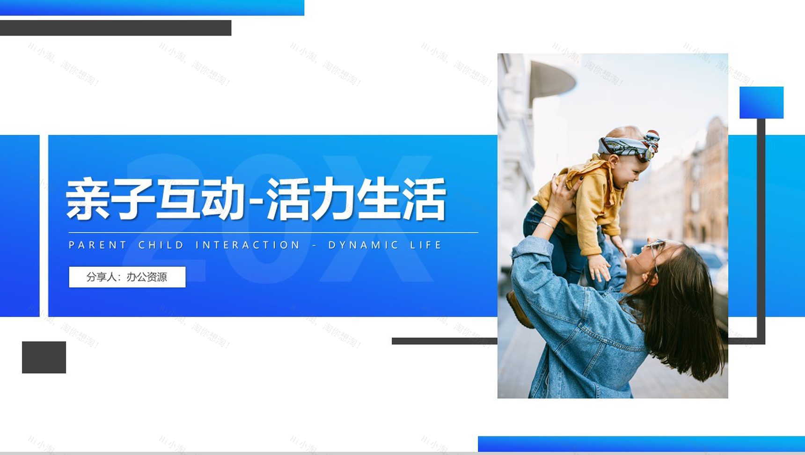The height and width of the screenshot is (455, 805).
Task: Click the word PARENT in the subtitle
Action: (x=98, y=245)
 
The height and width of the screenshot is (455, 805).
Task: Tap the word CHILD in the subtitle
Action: (x=161, y=245)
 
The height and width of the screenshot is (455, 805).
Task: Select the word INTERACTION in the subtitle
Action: (x=248, y=245)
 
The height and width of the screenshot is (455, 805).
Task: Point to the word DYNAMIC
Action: (x=363, y=245)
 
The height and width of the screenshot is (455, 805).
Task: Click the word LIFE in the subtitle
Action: (x=426, y=245)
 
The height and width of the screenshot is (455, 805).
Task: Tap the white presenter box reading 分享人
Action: (x=127, y=277)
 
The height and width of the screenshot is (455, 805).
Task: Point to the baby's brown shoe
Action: (x=519, y=309)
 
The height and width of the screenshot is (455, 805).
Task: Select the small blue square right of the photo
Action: (x=761, y=103)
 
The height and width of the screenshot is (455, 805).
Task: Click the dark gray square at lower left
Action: (x=44, y=357)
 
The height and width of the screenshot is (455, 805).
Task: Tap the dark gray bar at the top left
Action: (x=115, y=28)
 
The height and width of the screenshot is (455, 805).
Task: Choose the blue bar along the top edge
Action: (x=152, y=7)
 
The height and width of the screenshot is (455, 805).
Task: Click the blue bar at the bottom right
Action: (x=641, y=443)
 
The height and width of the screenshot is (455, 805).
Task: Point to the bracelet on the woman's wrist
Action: (x=546, y=224)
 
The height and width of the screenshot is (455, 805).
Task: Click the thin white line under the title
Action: (x=273, y=232)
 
